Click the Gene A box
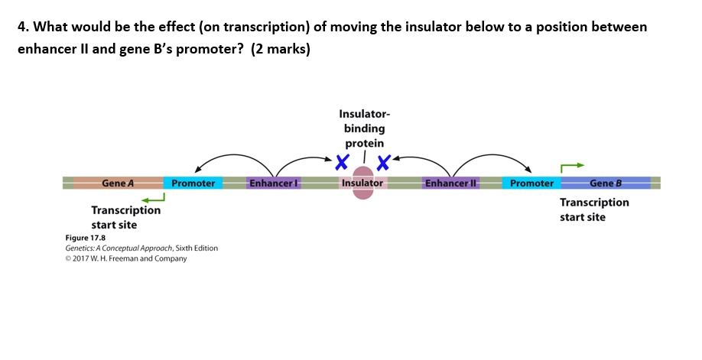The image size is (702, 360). (x=118, y=183)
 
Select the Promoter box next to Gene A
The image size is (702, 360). (x=193, y=183)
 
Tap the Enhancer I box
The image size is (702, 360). (x=274, y=183)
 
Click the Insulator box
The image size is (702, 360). (x=362, y=183)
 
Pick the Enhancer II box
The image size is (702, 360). (x=450, y=183)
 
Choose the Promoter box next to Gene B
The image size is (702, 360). (x=531, y=183)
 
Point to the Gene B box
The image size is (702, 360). (x=606, y=183)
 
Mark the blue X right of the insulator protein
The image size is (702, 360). (x=383, y=162)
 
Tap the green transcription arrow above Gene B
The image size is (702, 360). (x=572, y=166)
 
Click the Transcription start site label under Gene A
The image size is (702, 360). (x=126, y=217)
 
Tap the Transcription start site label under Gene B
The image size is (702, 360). (x=594, y=209)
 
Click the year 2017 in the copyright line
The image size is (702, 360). (x=83, y=258)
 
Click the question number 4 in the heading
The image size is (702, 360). (x=22, y=28)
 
